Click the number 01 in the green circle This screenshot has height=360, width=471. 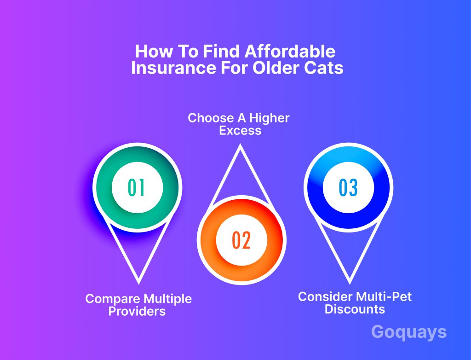(x=136, y=187)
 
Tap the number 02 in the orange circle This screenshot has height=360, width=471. (x=241, y=240)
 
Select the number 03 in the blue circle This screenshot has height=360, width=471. (x=348, y=187)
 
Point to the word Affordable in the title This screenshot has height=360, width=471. (x=290, y=51)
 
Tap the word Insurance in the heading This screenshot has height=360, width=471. (x=173, y=68)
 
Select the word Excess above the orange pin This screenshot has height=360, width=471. (x=240, y=131)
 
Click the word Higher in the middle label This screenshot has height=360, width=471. (x=269, y=118)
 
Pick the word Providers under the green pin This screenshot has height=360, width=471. (x=137, y=311)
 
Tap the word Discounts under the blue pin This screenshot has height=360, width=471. (x=355, y=309)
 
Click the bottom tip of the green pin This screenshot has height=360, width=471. (x=138, y=283)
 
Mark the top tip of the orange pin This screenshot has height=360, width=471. (x=240, y=145)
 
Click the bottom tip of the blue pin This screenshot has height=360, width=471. (x=350, y=283)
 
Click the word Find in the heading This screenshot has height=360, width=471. (x=221, y=51)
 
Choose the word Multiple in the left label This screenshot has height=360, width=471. (x=167, y=299)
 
